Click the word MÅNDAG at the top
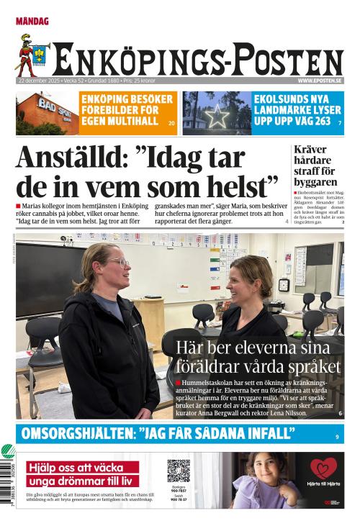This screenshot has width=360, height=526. tap(32, 22)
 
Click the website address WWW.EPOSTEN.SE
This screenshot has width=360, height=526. tap(319, 81)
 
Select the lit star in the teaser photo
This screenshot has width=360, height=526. tap(216, 116)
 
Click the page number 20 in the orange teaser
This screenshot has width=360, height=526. tap(171, 124)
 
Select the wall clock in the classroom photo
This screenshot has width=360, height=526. tap(284, 285)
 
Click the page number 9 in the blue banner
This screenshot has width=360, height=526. tap(337, 437)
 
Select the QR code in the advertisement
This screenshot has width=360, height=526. tap(179, 471)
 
